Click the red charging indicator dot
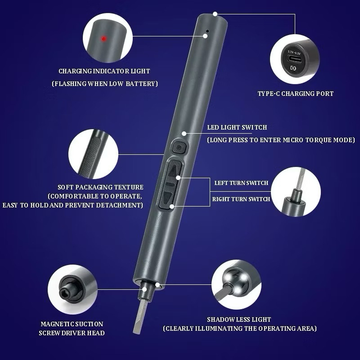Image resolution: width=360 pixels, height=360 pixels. pyautogui.click(x=103, y=39)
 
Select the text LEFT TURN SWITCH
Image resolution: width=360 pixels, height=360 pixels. pyautogui.click(x=241, y=183)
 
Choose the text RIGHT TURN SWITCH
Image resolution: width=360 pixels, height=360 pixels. pyautogui.click(x=241, y=199)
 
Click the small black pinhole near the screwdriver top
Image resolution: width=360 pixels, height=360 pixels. pyautogui.click(x=207, y=31)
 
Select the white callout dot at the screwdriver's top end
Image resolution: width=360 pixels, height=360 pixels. pyautogui.click(x=215, y=14)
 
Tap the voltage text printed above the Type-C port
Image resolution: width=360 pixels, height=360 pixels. pyautogui.click(x=294, y=53)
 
